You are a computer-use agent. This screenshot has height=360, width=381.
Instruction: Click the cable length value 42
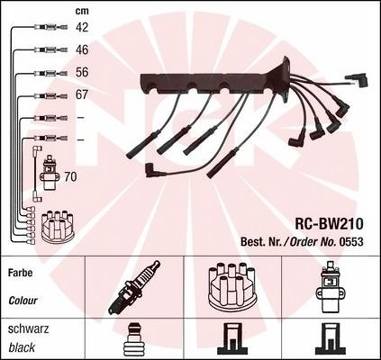[x=82, y=27]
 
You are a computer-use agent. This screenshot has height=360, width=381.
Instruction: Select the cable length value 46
[x=82, y=49]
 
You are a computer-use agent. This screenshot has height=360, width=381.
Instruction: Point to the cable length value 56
[x=82, y=72]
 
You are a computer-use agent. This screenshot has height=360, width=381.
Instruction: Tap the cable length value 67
[x=82, y=94]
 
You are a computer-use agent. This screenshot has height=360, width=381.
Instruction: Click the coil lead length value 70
[x=70, y=177]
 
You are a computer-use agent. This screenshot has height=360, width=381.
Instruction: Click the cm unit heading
[x=82, y=11]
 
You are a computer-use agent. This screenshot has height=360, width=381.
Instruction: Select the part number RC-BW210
[x=330, y=224]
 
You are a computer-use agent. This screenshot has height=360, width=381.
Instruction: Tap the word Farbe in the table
[x=20, y=273]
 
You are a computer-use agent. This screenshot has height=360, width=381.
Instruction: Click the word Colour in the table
[x=23, y=301]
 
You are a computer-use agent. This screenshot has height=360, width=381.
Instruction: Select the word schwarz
[x=28, y=329]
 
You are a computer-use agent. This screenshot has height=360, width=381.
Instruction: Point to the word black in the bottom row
[x=22, y=347]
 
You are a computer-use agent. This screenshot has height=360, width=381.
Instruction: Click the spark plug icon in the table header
[x=134, y=286]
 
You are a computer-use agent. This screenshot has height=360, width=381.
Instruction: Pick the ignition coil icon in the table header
[x=329, y=286]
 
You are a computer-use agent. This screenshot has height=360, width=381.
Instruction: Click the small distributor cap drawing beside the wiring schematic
[x=58, y=227]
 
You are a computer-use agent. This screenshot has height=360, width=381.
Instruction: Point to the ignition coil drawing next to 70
[x=49, y=173]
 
